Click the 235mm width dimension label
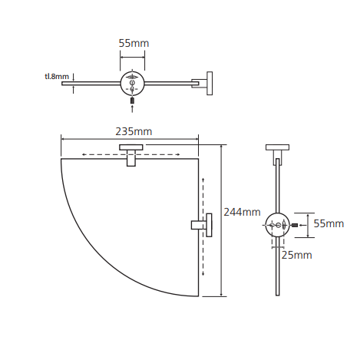pos(134,131)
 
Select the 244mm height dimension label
pos(242,212)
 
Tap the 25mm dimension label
pos(296,255)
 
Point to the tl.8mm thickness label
pos(57,76)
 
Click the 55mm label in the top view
pos(134,43)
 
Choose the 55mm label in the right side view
pos(329,223)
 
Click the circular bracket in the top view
pos(133,84)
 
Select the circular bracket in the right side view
pos(278,225)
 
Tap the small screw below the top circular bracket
pos(132,101)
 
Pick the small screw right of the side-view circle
pos(294,226)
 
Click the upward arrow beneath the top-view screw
pos(132,109)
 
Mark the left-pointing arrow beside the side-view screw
pos(302,226)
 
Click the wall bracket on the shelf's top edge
pos(131,155)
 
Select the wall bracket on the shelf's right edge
pos(202,225)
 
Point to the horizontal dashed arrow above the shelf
pos(131,154)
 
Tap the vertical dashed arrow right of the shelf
pos(203,226)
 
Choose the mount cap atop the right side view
pos(278,147)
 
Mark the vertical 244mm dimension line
pos(221,220)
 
